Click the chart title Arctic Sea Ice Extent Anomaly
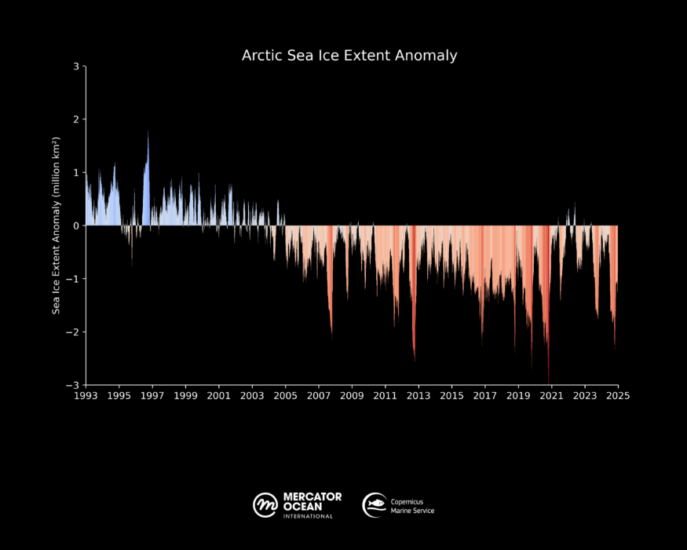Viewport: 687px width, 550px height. click(x=349, y=56)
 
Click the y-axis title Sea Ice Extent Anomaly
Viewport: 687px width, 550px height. click(x=57, y=225)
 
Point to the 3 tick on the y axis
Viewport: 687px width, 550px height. click(x=77, y=67)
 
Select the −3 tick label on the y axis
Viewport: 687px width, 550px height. click(x=74, y=385)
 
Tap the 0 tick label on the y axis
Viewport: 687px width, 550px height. click(x=77, y=225)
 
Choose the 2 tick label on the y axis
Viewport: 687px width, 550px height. click(x=77, y=119)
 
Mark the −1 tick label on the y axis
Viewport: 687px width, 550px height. click(x=74, y=279)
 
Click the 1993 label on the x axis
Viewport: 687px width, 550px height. click(x=86, y=395)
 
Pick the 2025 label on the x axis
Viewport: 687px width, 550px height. click(x=617, y=395)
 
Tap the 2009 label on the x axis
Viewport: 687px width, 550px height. click(x=352, y=395)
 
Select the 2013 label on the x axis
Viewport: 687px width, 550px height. click(x=418, y=395)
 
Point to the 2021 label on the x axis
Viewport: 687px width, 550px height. click(x=551, y=395)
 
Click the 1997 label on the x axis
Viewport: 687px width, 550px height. click(x=152, y=395)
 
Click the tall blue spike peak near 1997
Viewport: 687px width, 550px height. click(x=148, y=131)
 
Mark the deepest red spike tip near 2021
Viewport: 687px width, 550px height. click(x=548, y=382)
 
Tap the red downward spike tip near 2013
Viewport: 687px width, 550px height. click(x=415, y=361)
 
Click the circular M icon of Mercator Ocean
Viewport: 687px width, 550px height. click(x=265, y=505)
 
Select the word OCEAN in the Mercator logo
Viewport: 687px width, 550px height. click(x=302, y=506)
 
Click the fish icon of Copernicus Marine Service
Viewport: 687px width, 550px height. click(x=374, y=505)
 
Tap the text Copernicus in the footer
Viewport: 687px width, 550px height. click(x=407, y=501)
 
